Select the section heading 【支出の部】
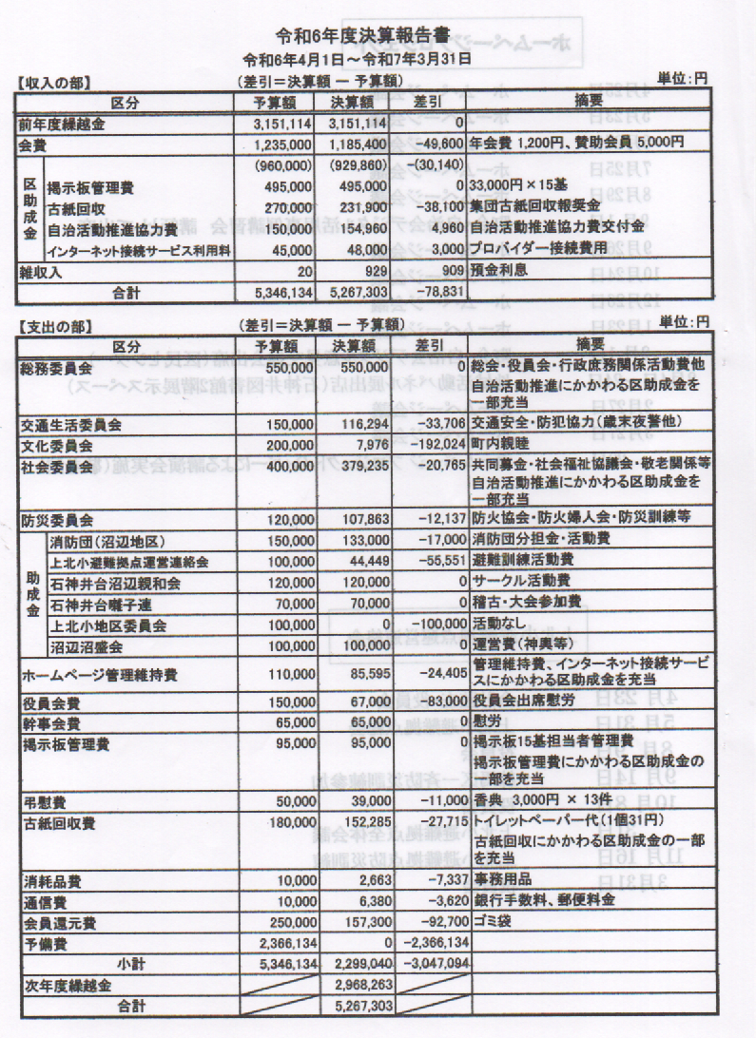(x=54, y=325)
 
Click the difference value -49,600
(x=438, y=144)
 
